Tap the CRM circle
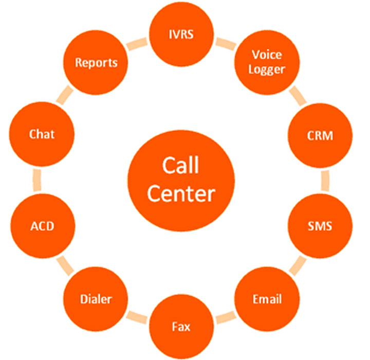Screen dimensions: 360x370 click(320, 136)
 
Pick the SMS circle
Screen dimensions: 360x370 click(320, 226)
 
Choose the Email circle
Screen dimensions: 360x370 click(267, 299)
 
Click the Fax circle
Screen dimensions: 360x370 click(181, 327)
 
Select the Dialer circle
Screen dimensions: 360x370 click(96, 299)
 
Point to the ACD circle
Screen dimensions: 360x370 click(42, 226)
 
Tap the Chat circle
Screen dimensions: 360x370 click(42, 135)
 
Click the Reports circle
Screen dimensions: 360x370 click(96, 63)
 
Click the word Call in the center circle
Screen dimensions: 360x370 click(180, 166)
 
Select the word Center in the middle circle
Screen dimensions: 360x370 click(180, 194)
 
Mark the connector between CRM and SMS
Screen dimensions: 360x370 click(324, 181)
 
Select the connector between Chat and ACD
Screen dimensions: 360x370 click(38, 181)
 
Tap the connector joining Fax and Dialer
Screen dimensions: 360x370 click(138, 317)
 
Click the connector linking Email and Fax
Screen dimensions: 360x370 click(225, 317)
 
